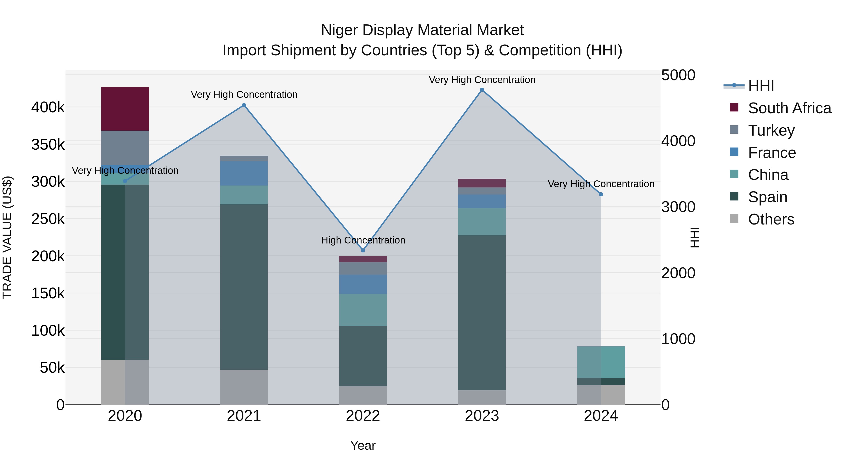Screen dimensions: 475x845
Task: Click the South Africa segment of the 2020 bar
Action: pyautogui.click(x=125, y=109)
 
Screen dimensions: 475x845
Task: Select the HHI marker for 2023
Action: pyautogui.click(x=482, y=90)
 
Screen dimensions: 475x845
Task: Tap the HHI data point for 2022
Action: pyautogui.click(x=363, y=251)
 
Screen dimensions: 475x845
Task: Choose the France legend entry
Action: pyautogui.click(x=772, y=152)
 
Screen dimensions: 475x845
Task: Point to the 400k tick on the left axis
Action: pyautogui.click(x=48, y=107)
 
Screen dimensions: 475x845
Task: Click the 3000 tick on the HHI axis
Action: pyautogui.click(x=678, y=207)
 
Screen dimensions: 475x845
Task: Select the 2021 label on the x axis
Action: pyautogui.click(x=244, y=416)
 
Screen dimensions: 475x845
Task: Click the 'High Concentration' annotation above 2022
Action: pyautogui.click(x=363, y=240)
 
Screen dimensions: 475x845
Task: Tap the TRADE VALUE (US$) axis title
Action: pyautogui.click(x=7, y=237)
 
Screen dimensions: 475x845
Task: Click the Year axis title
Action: pyautogui.click(x=363, y=445)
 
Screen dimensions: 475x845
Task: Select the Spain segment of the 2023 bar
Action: pyautogui.click(x=482, y=312)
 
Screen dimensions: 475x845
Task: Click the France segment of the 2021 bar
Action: pyautogui.click(x=244, y=173)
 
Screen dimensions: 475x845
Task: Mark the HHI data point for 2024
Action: pyautogui.click(x=601, y=194)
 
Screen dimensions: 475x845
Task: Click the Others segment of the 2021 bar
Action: pyautogui.click(x=244, y=387)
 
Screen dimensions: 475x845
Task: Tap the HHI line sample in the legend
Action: pyautogui.click(x=734, y=86)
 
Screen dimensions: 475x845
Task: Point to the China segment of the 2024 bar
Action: pyautogui.click(x=601, y=362)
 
